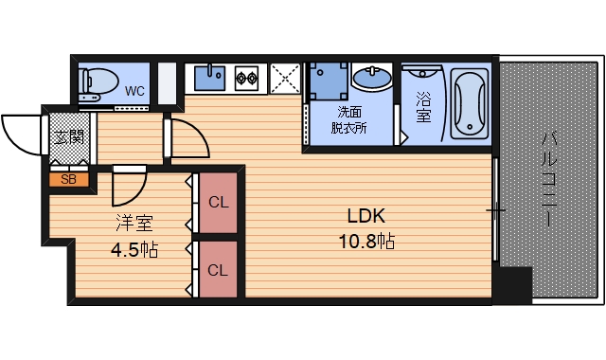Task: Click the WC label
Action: [x=134, y=91]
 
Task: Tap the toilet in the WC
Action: [x=98, y=84]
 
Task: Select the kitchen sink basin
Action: [x=209, y=78]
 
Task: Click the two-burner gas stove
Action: [x=246, y=78]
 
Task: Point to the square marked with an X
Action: [x=285, y=79]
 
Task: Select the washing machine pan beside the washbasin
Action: [x=329, y=81]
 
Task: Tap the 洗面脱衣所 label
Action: [x=349, y=120]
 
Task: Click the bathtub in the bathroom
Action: [x=470, y=103]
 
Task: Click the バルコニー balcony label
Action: [x=550, y=179]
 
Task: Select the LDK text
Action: [x=366, y=216]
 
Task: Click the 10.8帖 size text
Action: [x=366, y=242]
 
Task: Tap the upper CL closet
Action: [x=219, y=203]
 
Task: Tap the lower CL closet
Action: [x=219, y=269]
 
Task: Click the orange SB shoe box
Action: [x=69, y=180]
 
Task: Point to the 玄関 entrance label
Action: [x=69, y=136]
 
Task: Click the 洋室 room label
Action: [x=134, y=224]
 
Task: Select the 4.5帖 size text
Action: [x=134, y=250]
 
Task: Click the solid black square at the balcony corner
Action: [x=513, y=285]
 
